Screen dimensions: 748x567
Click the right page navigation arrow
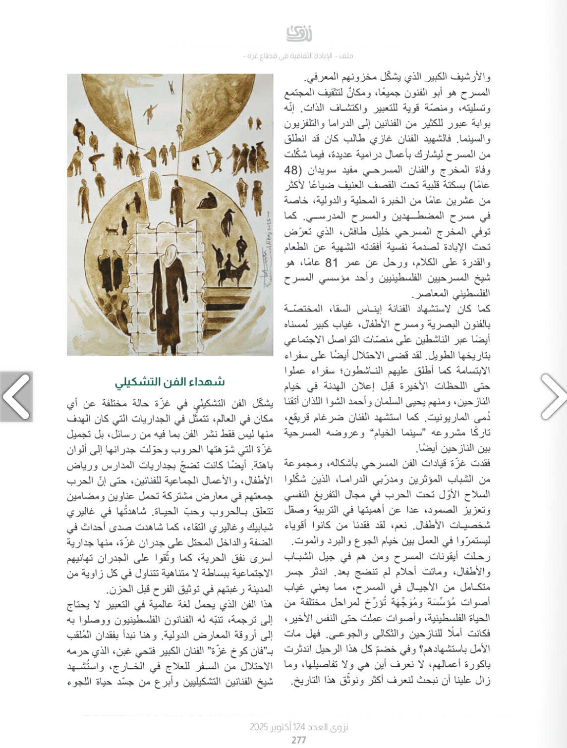(552, 396)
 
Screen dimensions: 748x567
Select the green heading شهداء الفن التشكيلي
(170, 381)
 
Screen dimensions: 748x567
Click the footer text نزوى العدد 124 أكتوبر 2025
(299, 727)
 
